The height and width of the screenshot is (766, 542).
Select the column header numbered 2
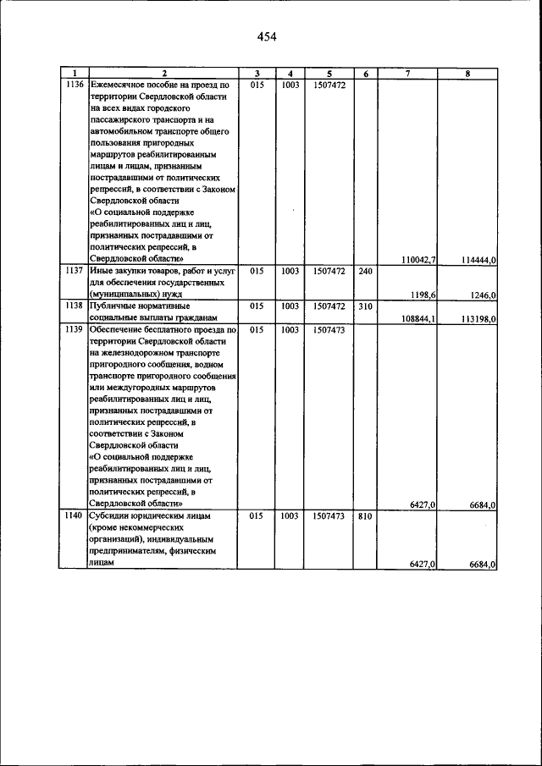(164, 74)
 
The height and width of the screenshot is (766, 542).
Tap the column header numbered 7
(407, 74)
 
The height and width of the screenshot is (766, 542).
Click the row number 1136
(73, 85)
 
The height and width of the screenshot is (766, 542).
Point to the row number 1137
(73, 272)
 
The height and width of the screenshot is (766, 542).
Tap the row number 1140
(73, 515)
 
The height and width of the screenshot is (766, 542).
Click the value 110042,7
(418, 260)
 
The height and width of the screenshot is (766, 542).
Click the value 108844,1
(418, 318)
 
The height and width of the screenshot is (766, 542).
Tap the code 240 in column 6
(365, 272)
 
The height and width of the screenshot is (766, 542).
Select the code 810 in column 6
(365, 515)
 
